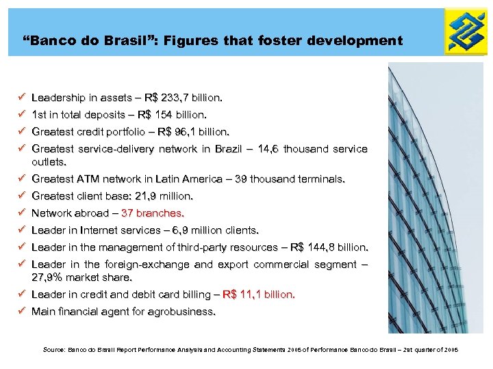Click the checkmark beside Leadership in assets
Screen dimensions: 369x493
coord(23,98)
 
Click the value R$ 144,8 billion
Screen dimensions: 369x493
coord(329,247)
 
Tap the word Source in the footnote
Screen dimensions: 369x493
coord(52,350)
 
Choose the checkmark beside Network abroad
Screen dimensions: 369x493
coord(23,213)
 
